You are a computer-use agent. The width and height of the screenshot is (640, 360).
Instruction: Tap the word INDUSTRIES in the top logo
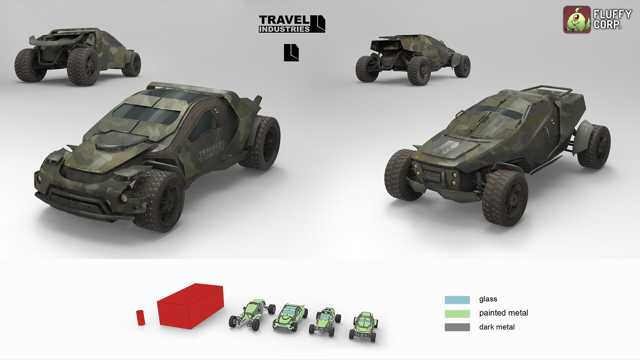284,29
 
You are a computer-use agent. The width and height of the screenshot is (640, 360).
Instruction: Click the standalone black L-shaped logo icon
291,53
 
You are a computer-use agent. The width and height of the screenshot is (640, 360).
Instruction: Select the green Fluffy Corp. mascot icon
576,20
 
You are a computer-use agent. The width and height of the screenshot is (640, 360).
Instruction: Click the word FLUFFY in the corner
612,14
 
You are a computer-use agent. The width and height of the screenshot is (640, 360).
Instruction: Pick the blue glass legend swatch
457,300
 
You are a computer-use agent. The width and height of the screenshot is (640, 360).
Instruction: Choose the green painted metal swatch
457,313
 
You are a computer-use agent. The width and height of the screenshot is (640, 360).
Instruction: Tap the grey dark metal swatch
457,327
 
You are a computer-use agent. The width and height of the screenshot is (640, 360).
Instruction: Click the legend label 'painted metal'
503,313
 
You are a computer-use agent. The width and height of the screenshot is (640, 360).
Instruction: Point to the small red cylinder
141,317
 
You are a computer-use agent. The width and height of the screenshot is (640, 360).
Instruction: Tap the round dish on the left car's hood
113,144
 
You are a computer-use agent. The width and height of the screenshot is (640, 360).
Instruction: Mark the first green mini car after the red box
252,314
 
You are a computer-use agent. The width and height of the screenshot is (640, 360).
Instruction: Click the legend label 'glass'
488,299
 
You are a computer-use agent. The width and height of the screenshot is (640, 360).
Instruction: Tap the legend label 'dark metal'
497,327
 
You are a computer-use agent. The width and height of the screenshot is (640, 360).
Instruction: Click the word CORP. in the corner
607,25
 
